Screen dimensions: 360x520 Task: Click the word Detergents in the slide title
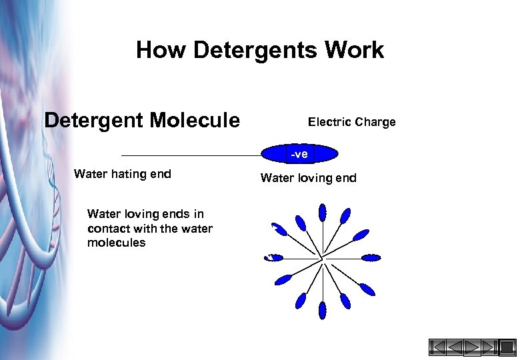tap(258, 51)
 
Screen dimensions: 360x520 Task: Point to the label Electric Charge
tap(351, 122)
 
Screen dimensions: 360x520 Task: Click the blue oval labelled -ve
tap(299, 154)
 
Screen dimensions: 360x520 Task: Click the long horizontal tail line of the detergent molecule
tap(190, 155)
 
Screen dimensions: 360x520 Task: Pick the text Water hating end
tap(123, 175)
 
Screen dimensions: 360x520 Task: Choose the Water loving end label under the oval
tap(308, 178)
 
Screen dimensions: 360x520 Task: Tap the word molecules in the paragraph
tap(116, 243)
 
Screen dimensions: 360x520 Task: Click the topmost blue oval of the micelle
tap(323, 212)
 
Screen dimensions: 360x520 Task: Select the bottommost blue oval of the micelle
tap(323, 309)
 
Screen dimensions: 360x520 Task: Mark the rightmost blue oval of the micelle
tap(371, 258)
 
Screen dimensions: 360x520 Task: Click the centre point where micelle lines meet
tap(323, 258)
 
